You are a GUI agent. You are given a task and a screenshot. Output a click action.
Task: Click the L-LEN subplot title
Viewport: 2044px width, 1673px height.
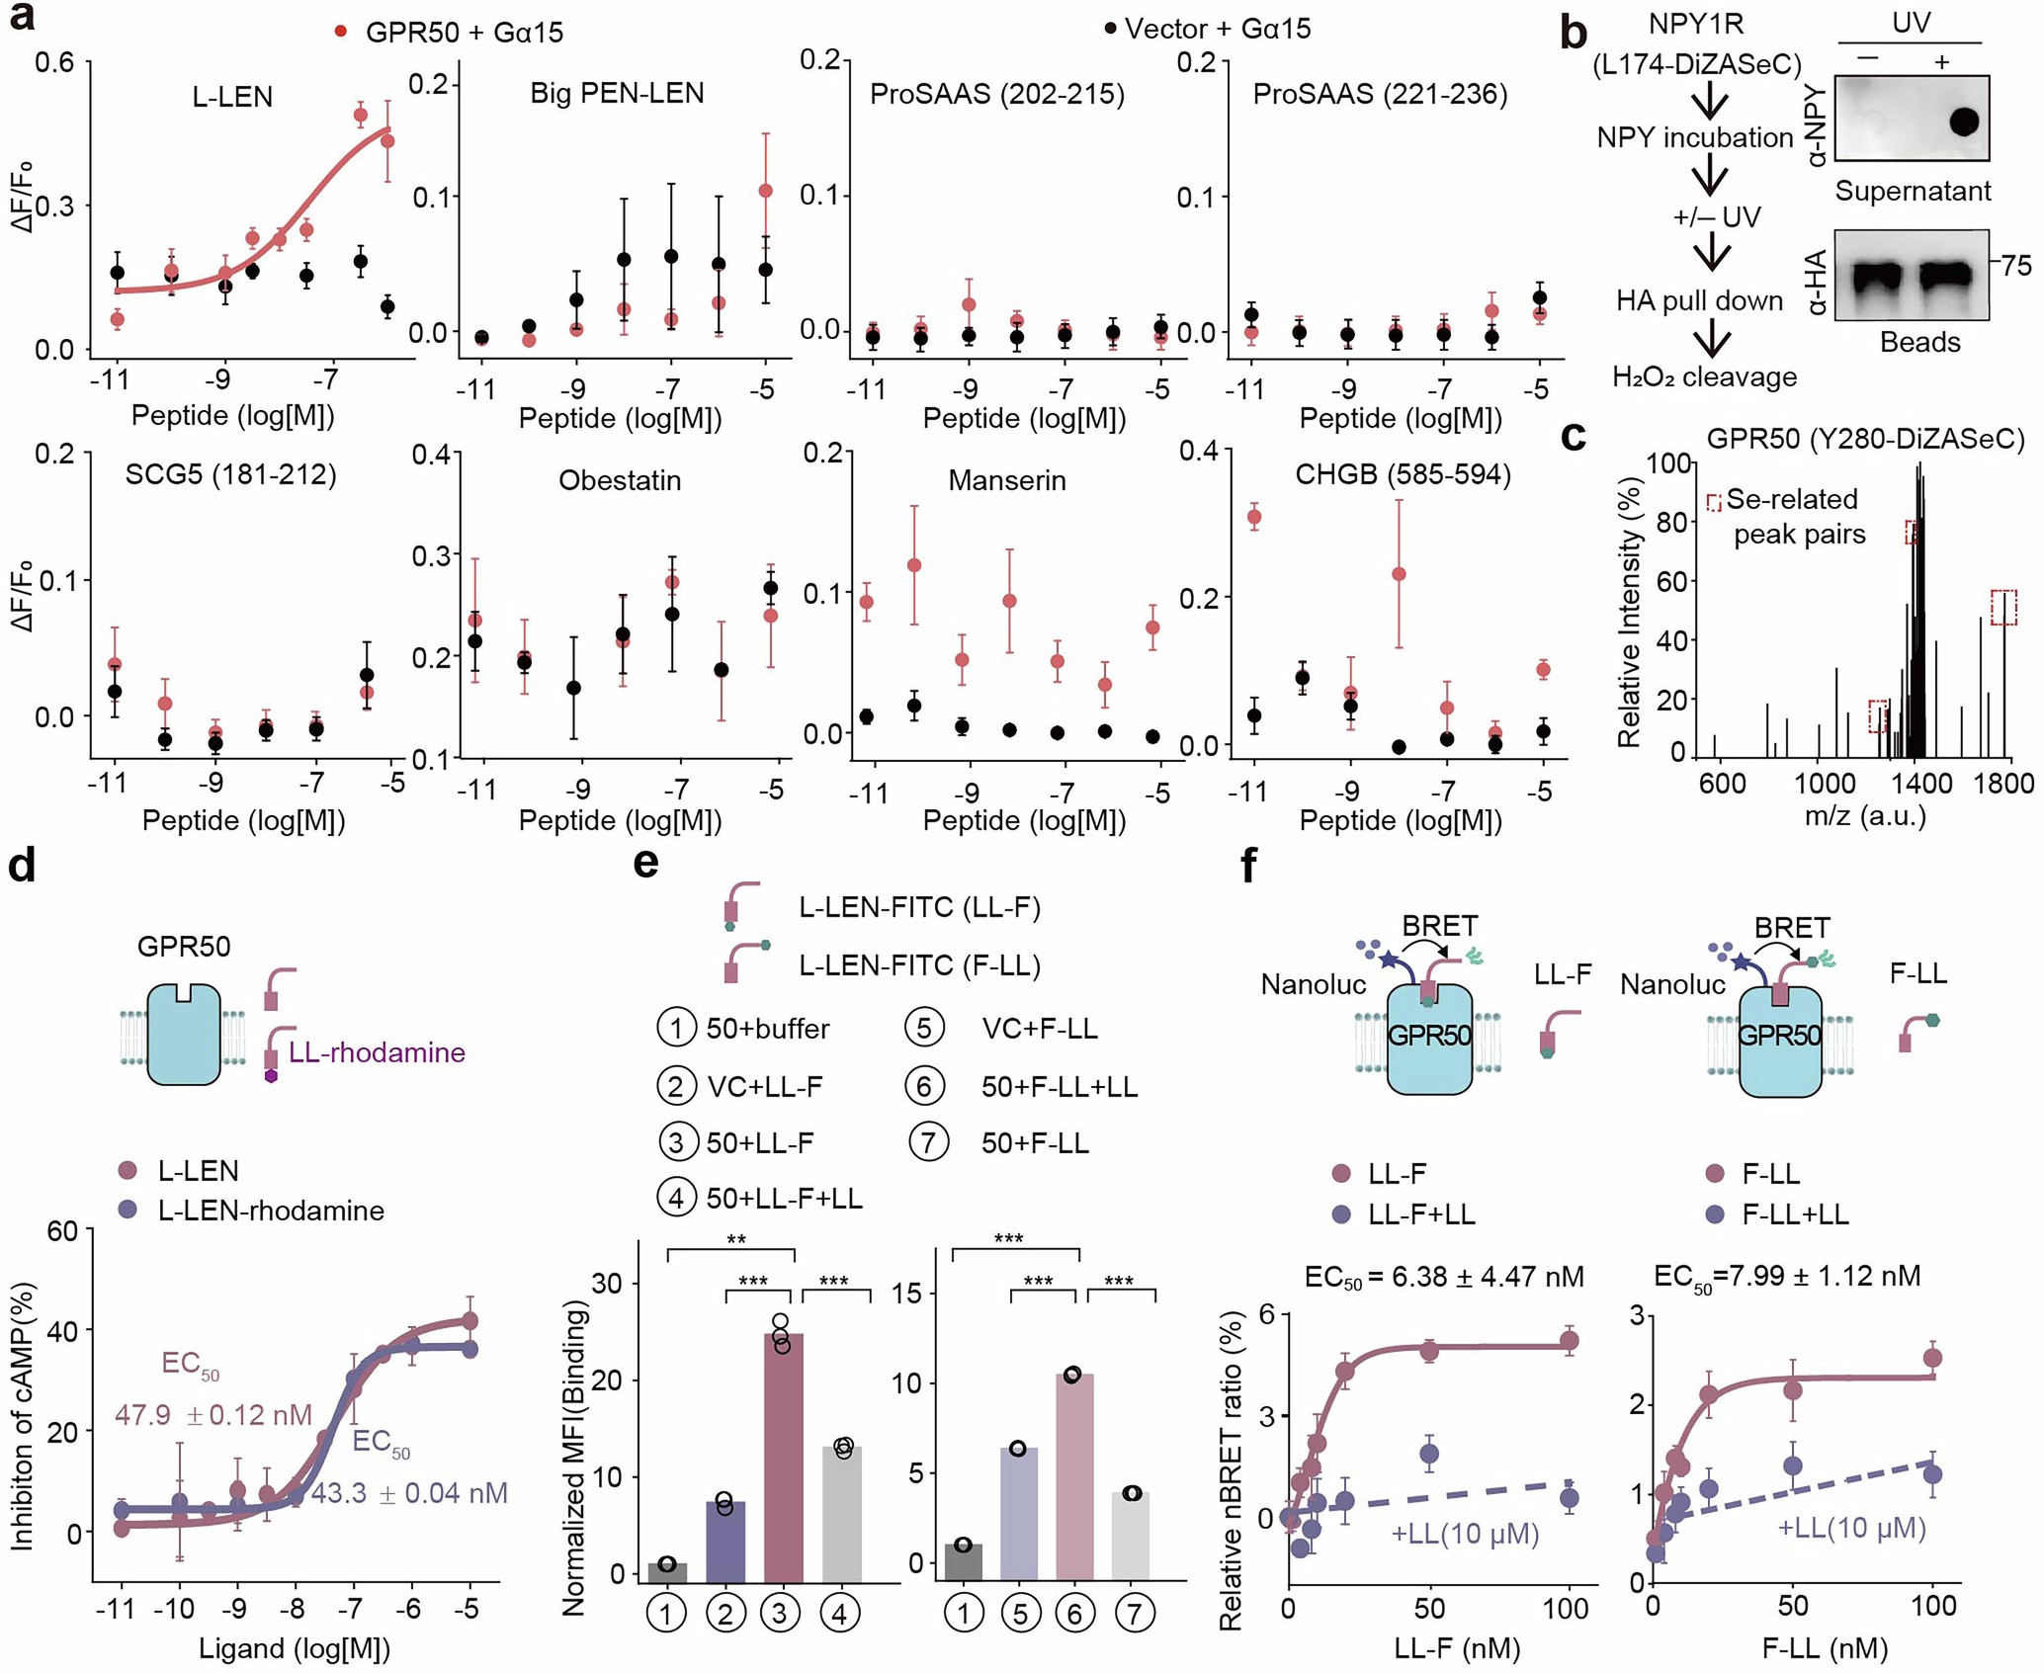click(232, 97)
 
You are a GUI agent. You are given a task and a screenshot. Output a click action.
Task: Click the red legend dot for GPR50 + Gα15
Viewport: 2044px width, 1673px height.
click(341, 32)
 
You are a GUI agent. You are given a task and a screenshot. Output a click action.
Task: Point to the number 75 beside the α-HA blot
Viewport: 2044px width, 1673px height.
click(2015, 266)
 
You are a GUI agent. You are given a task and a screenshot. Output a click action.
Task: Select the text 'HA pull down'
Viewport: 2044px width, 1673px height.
click(1699, 300)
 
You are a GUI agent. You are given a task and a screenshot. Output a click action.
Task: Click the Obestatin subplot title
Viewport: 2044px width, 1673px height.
click(620, 480)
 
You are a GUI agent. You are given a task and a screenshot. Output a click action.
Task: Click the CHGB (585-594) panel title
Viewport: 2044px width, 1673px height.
click(1403, 475)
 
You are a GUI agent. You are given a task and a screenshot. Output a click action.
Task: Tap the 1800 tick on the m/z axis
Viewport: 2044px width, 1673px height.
click(2002, 784)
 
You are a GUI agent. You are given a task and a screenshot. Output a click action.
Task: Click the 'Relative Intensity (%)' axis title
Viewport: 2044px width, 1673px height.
click(1628, 613)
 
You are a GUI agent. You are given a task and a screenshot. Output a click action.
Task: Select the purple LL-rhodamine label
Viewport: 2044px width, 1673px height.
click(377, 1052)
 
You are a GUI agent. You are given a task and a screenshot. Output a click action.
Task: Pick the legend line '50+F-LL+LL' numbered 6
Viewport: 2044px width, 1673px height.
click(1059, 1087)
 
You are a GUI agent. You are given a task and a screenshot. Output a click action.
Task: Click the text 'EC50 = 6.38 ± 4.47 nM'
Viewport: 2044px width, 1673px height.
click(1443, 1277)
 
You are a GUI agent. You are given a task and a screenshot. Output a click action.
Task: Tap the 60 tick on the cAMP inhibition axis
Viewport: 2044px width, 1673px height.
click(62, 1231)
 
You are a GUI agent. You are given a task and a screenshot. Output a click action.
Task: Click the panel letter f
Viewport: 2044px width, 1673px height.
click(1248, 865)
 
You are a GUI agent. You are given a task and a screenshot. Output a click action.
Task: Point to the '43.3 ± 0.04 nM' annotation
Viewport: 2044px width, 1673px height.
click(409, 1493)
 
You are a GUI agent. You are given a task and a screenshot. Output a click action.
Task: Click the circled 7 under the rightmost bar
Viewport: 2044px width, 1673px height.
click(1134, 1615)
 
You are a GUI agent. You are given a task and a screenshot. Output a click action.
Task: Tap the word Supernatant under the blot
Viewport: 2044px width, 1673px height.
click(1913, 191)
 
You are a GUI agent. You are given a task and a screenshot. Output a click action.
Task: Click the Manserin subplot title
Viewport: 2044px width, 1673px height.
click(1006, 480)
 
